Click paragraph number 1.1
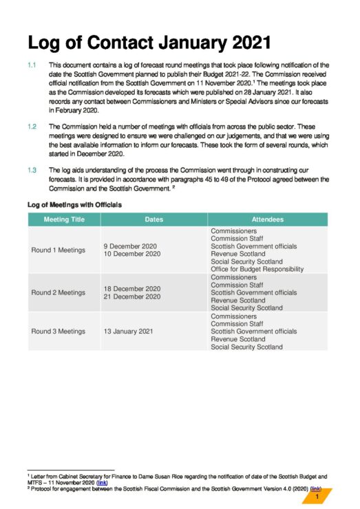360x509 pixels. [32, 64]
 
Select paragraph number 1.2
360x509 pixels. [32, 127]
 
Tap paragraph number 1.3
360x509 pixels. [32, 169]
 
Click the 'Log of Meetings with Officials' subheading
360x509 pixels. [74, 204]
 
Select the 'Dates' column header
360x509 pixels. [153, 219]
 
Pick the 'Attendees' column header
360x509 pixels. [267, 219]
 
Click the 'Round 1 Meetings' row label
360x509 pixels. [59, 250]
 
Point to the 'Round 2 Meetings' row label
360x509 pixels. [59, 292]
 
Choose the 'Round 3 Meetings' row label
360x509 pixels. [59, 331]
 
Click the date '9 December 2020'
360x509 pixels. [130, 246]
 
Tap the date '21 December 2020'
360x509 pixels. [132, 296]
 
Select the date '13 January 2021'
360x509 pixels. [128, 331]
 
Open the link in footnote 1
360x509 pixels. [102, 482]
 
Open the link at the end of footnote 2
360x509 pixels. [315, 488]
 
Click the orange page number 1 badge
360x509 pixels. [317, 497]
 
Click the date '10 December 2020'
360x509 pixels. [132, 254]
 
